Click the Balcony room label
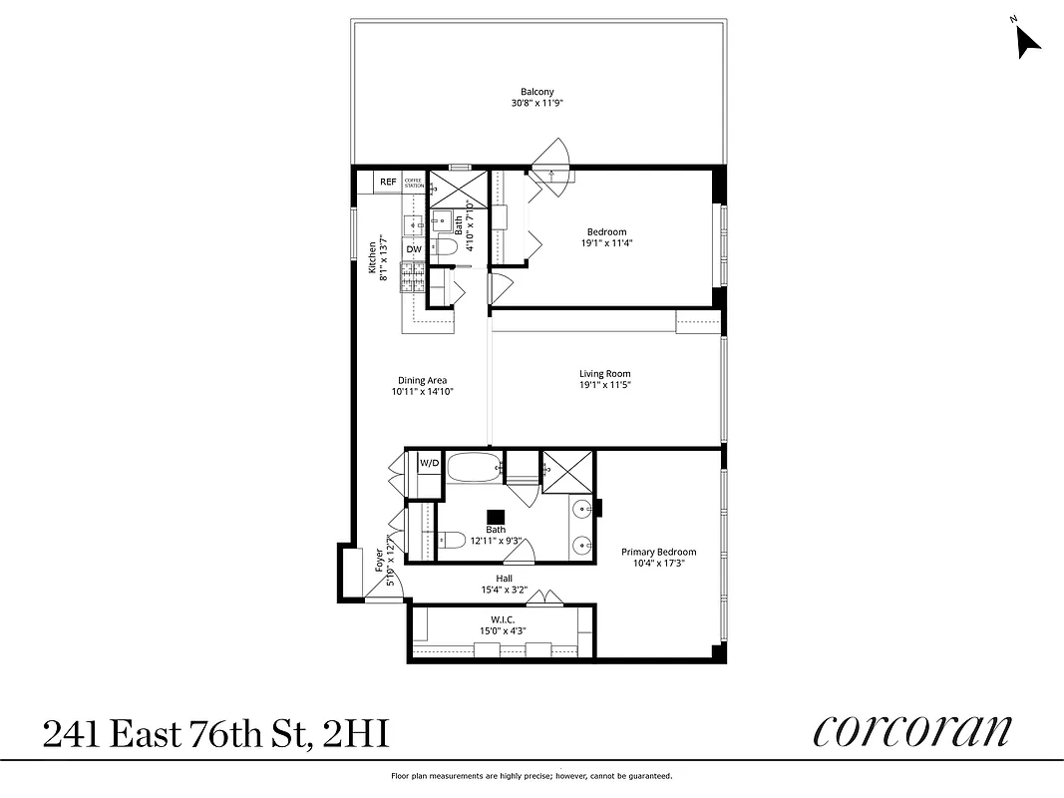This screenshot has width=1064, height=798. click(536, 92)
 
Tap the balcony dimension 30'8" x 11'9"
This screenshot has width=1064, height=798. click(536, 103)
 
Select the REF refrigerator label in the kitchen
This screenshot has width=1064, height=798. click(388, 183)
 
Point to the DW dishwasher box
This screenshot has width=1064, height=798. click(414, 249)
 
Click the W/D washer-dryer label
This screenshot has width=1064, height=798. click(429, 463)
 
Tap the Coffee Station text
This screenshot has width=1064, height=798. click(414, 183)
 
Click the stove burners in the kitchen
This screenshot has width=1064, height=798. click(414, 275)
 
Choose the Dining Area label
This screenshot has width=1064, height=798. click(422, 380)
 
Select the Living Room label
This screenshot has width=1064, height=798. click(604, 374)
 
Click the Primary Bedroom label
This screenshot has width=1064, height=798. click(658, 552)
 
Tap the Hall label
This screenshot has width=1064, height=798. click(504, 578)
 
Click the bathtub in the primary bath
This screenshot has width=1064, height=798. click(474, 467)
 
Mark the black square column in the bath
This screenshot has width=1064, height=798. click(496, 516)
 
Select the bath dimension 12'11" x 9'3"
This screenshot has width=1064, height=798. click(496, 541)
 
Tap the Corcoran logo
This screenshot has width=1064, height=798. click(911, 731)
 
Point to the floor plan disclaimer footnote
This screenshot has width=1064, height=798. click(532, 776)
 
